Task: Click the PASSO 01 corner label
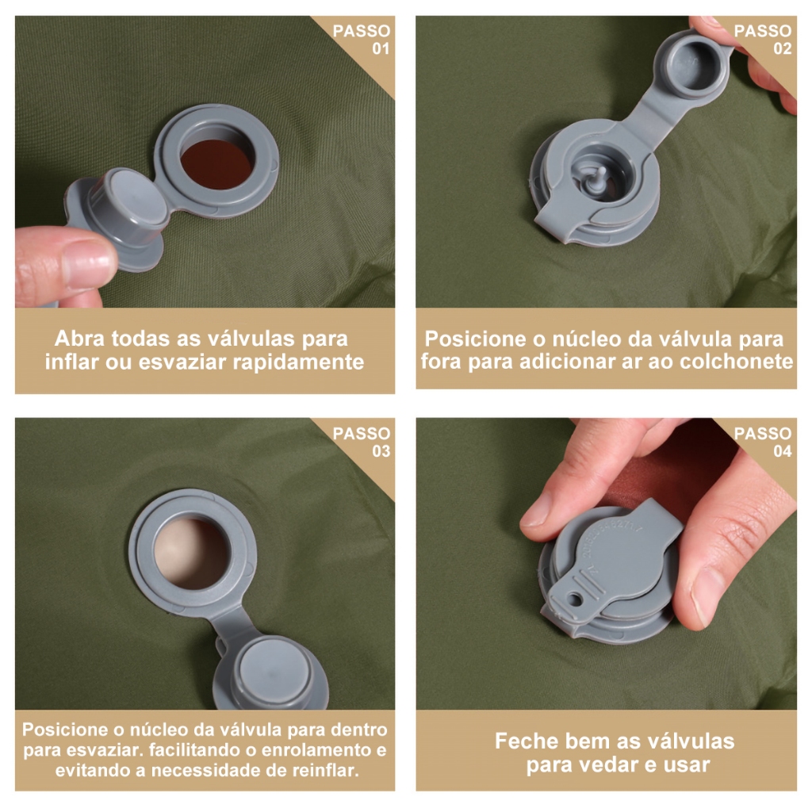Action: (x=362, y=40)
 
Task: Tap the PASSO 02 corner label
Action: (x=763, y=40)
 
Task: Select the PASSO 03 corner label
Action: (x=362, y=442)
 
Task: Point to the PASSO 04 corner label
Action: (x=763, y=442)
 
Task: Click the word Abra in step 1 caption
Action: (x=79, y=339)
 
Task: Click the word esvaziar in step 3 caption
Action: (x=105, y=750)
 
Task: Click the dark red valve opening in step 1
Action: (x=216, y=163)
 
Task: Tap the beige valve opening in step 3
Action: (x=192, y=553)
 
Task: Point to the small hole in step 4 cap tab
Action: (x=575, y=599)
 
